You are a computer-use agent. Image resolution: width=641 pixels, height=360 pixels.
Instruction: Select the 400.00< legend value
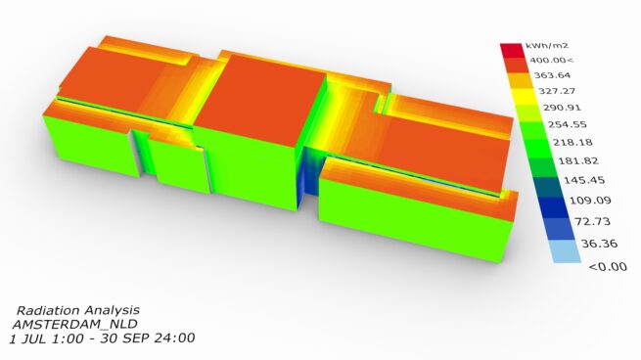coord(552,61)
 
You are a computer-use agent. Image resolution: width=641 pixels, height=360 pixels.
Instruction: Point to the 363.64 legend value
coord(552,75)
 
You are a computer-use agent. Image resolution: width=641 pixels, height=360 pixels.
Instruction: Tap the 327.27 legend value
coord(557,91)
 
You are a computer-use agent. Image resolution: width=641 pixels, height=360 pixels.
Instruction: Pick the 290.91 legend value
coord(562,108)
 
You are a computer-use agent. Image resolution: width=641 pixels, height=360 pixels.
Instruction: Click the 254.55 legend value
coord(568,124)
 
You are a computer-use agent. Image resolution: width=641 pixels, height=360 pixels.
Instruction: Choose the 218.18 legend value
coord(572,142)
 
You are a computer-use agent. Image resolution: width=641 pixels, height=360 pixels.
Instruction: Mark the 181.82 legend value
coord(578,160)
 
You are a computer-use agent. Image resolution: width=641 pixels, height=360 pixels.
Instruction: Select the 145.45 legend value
coord(584,180)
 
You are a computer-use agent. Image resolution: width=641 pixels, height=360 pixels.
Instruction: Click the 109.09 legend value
coord(591,201)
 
